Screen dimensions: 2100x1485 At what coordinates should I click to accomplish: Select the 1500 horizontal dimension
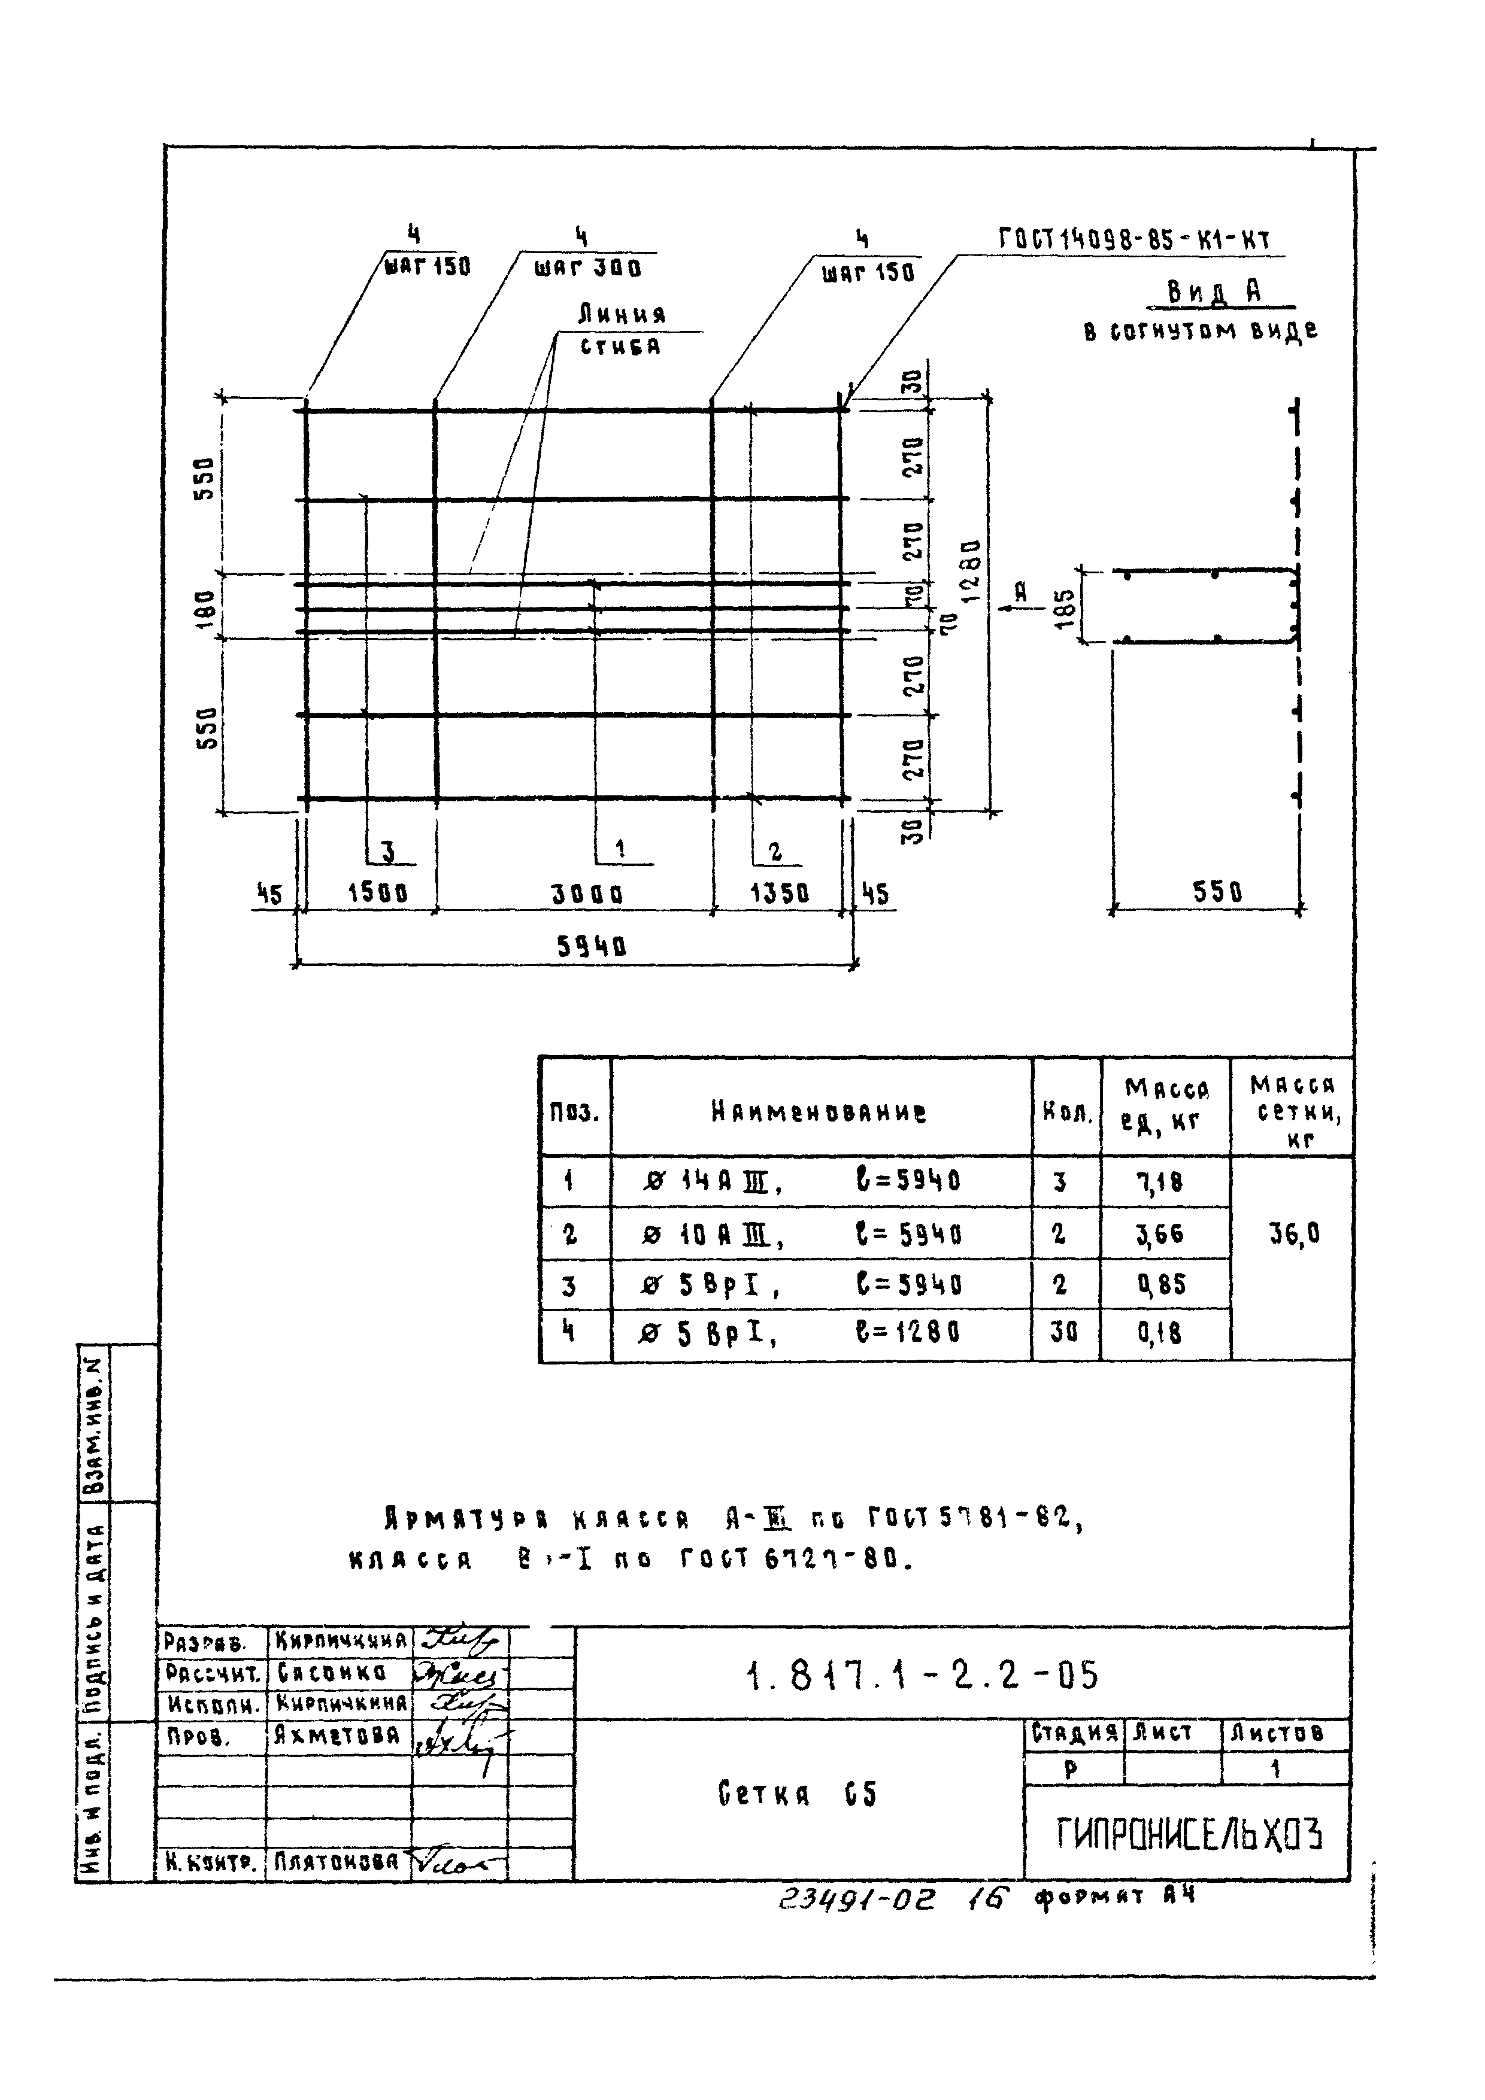click(378, 894)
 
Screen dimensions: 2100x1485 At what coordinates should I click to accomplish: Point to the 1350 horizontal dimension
click(780, 894)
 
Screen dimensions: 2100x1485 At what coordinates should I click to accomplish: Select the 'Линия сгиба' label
click(622, 330)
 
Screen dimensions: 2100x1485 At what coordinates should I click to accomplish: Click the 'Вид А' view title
click(1214, 292)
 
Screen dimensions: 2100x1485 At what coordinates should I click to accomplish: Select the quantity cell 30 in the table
click(1064, 1333)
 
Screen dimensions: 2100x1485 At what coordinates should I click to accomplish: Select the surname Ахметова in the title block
click(338, 1735)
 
